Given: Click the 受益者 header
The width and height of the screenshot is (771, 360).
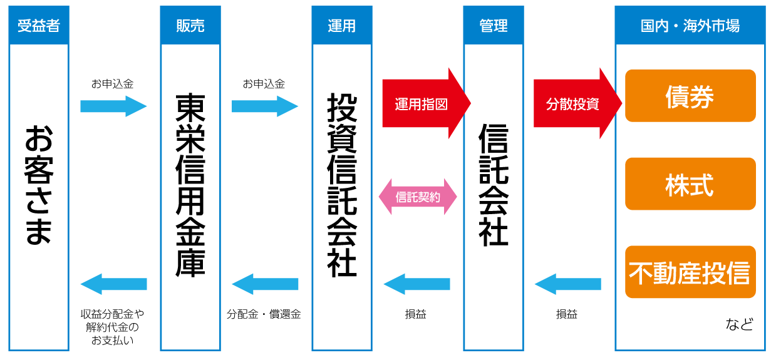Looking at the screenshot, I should [x=39, y=26].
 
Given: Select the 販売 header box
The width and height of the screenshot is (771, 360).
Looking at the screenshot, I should [x=190, y=26].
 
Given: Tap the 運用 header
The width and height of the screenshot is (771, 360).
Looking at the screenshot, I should [x=341, y=26].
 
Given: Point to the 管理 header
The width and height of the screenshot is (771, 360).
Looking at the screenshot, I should [x=493, y=26].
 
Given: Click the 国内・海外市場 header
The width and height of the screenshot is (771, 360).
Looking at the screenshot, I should [x=690, y=26].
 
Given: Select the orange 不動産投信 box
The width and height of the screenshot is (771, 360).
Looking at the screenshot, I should [x=690, y=272].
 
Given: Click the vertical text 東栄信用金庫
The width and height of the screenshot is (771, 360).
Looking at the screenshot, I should [x=190, y=185].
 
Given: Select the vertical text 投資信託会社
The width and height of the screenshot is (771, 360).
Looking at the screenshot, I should [x=341, y=185].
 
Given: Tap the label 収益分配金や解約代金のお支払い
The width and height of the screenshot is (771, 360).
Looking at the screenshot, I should [x=113, y=327].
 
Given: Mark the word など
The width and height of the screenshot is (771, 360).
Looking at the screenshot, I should [x=739, y=325].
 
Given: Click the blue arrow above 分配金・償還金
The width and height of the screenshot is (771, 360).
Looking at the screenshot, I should [x=265, y=284].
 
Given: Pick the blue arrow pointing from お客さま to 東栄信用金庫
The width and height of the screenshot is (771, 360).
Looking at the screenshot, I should [x=113, y=106].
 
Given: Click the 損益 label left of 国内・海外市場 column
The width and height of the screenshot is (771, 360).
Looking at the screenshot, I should [x=567, y=314].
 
